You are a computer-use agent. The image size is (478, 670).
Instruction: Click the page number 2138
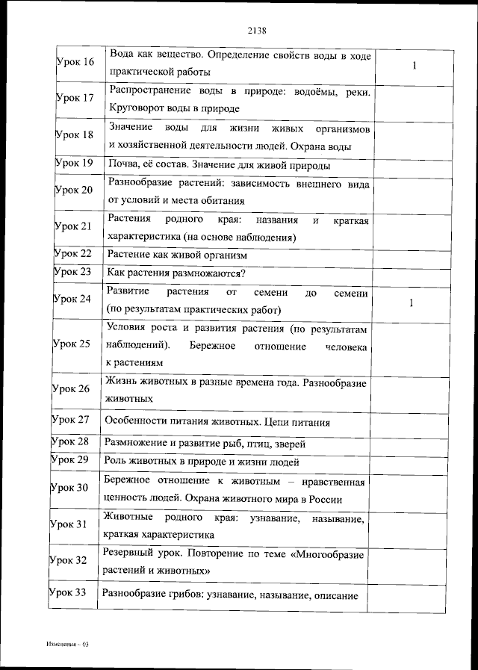256,31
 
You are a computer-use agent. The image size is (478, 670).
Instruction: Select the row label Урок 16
75,61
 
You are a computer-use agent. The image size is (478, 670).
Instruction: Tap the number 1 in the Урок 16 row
414,66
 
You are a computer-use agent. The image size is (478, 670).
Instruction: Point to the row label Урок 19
74,163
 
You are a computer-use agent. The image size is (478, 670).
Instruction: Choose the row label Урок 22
73,254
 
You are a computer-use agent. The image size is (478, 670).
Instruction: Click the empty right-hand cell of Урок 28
409,442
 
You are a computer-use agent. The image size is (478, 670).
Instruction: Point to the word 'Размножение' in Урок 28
136,443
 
